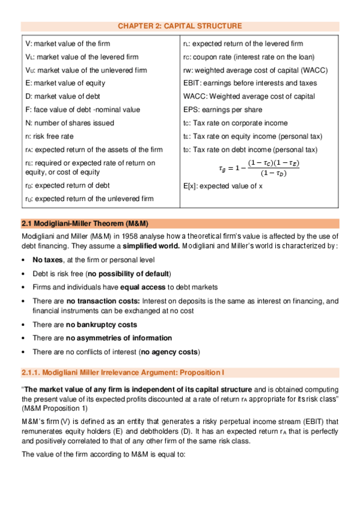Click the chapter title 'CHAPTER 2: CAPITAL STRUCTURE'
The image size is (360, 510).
tap(180, 26)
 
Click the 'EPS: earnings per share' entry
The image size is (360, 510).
tap(227, 109)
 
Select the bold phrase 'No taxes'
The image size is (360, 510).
tap(47, 260)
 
